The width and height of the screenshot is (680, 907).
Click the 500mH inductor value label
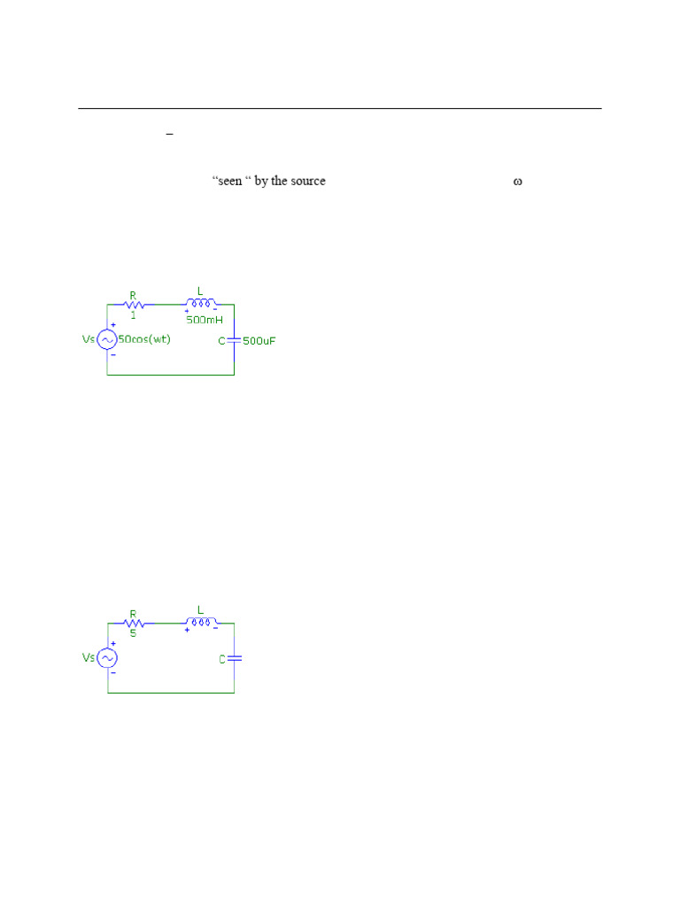(x=205, y=319)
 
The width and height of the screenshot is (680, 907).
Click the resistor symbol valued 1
(x=133, y=304)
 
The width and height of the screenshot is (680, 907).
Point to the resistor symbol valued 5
(x=133, y=623)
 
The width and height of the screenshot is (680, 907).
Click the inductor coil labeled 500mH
(x=200, y=303)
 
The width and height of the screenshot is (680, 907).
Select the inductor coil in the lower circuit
(x=200, y=622)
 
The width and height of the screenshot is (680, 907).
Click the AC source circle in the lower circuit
(x=107, y=658)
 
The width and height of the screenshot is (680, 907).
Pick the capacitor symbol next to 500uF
(x=234, y=340)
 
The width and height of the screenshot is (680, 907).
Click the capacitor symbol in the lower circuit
(x=234, y=658)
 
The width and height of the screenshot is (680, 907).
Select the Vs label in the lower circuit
(x=89, y=658)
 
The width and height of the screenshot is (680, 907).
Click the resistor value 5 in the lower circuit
(x=133, y=633)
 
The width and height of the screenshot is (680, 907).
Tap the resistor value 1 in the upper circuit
(x=133, y=315)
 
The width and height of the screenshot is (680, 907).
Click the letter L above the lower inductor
(x=200, y=610)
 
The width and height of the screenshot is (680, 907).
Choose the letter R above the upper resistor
(x=133, y=294)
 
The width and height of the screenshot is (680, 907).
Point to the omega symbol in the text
(x=518, y=182)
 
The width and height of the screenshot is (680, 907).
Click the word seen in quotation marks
(x=229, y=182)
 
